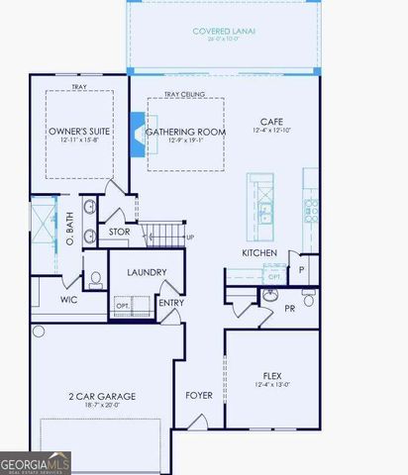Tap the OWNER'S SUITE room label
click(x=78, y=131)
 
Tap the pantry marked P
click(x=301, y=268)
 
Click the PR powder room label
click(x=290, y=309)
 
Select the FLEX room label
click(x=272, y=376)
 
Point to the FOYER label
click(x=199, y=395)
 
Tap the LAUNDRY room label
click(x=147, y=272)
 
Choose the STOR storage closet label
click(x=119, y=232)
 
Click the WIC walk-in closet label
click(x=68, y=299)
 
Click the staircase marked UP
click(x=164, y=236)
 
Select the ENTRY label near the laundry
click(x=171, y=303)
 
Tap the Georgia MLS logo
click(x=36, y=462)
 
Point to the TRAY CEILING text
click(x=184, y=94)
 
